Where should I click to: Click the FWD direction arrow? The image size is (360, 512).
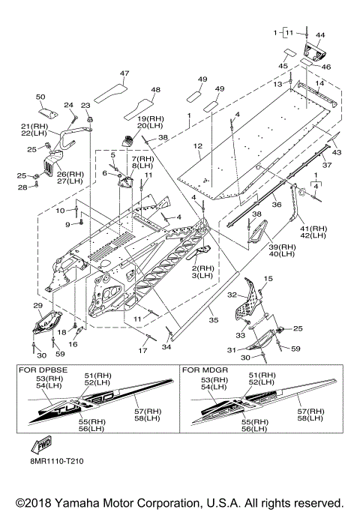(41, 445)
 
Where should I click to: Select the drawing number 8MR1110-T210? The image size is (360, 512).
(55, 461)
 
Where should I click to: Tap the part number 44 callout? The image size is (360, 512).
(320, 35)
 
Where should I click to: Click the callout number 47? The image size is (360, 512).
(124, 73)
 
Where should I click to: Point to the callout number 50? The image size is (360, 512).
(40, 97)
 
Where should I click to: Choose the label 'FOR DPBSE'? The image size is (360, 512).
(43, 370)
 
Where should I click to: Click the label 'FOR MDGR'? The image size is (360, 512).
(205, 370)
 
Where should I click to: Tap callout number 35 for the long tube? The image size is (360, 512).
(214, 320)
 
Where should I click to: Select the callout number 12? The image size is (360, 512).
(198, 146)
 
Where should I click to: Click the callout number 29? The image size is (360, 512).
(38, 306)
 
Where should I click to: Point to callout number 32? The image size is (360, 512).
(232, 295)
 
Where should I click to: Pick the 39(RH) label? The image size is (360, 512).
(282, 247)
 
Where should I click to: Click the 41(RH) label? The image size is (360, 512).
(313, 229)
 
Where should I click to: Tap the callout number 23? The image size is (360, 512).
(85, 105)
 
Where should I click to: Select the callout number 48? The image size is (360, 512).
(156, 89)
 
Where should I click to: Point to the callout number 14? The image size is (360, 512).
(319, 83)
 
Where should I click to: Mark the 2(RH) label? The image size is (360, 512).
(203, 268)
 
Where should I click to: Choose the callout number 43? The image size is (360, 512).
(337, 152)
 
